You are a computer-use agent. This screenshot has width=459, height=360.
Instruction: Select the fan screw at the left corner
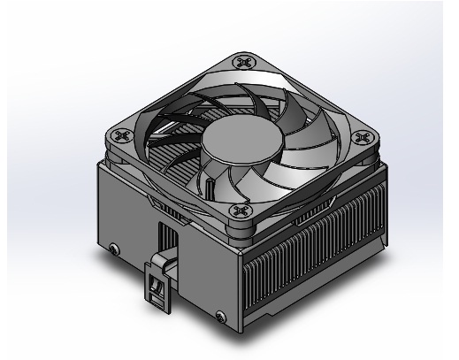point(119,138)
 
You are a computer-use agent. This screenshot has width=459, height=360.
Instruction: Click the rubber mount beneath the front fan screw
point(238,228)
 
